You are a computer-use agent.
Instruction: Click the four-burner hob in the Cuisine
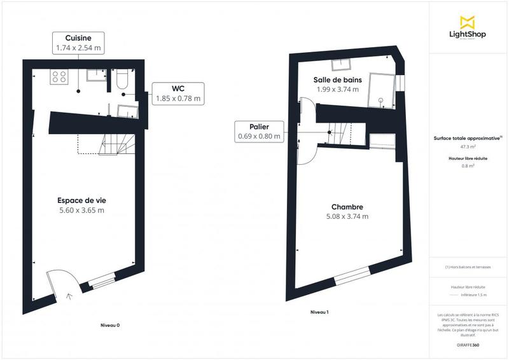(60, 77)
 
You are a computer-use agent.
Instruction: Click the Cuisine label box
(78, 42)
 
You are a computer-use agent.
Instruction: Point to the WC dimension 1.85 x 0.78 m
(178, 99)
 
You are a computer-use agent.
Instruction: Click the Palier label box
(258, 131)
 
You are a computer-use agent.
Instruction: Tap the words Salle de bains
(338, 80)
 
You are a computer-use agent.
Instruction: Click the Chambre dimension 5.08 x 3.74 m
(347, 216)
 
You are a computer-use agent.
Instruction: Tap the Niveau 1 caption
(319, 312)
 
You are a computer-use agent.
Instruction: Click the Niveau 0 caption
(110, 325)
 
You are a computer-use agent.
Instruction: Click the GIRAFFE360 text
(468, 345)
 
